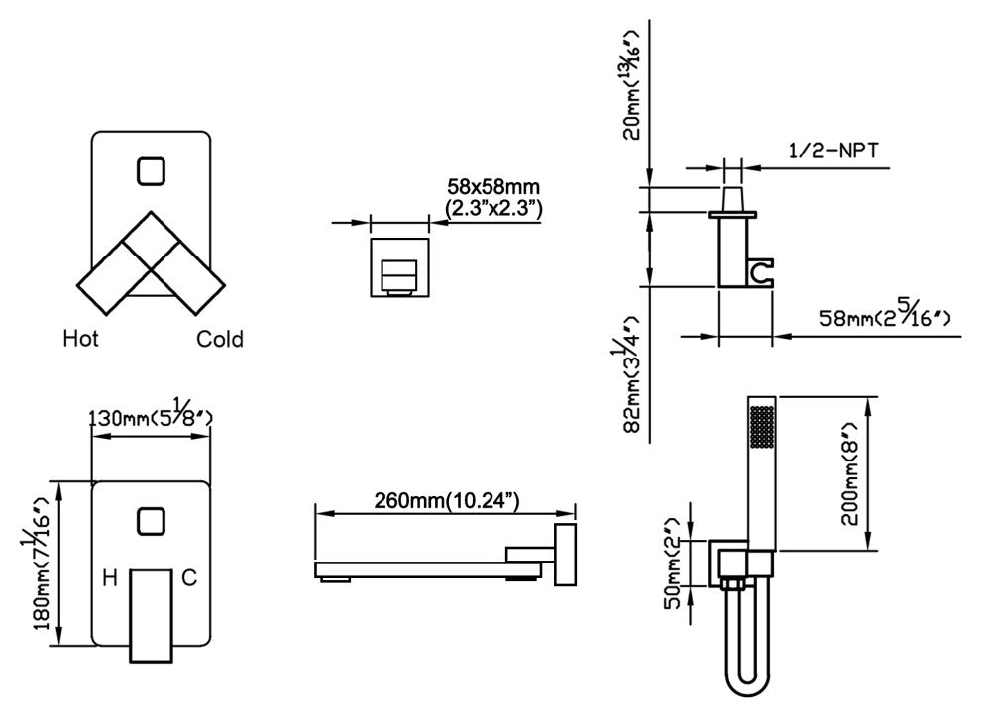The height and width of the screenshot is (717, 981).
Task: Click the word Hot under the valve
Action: pyautogui.click(x=80, y=339)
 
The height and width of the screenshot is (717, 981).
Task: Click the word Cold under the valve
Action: pyautogui.click(x=219, y=339)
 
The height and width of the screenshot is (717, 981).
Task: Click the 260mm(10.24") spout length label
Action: pyautogui.click(x=447, y=501)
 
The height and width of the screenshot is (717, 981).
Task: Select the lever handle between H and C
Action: pyautogui.click(x=151, y=613)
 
